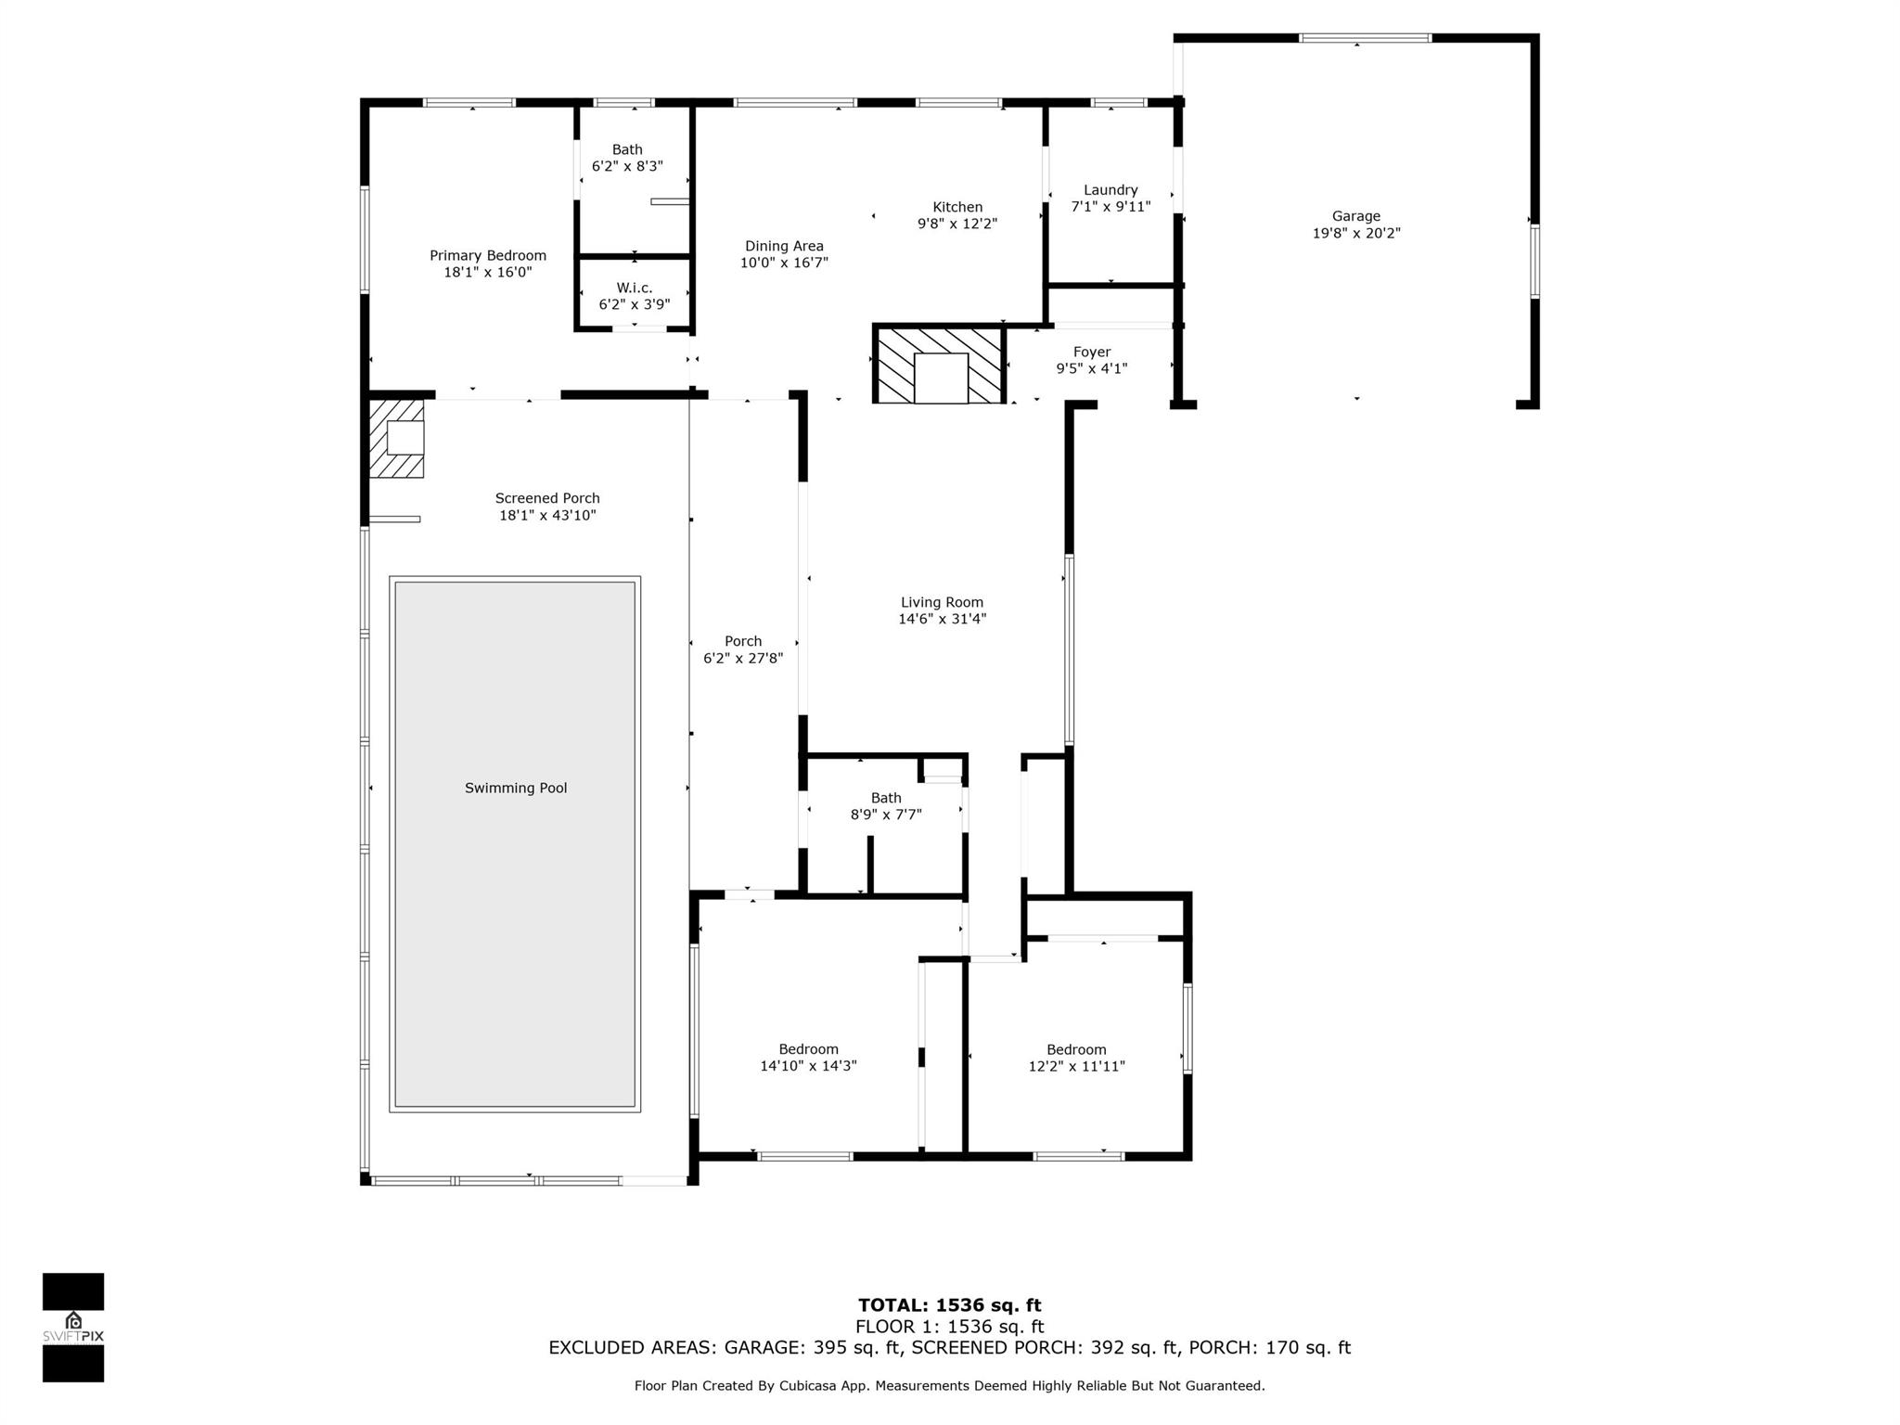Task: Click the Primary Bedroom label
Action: pos(487,255)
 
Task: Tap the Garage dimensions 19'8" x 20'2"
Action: pos(1355,234)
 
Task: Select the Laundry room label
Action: pos(1110,190)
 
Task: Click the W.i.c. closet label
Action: pos(634,289)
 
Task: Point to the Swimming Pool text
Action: pos(516,789)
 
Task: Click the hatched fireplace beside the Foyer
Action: pos(939,364)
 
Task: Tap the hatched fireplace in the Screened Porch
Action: pos(397,438)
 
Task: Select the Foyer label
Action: pos(1091,353)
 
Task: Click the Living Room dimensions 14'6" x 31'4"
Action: pos(942,620)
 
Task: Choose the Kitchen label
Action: pos(957,207)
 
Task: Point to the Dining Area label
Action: pos(784,246)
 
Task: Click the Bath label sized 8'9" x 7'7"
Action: pos(885,798)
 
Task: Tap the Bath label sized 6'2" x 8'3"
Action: pos(627,149)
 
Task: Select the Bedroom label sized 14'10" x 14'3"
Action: pos(808,1049)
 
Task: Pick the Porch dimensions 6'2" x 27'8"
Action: pos(743,659)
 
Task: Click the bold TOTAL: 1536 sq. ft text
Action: pos(949,1305)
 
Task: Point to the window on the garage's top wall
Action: pos(1364,38)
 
